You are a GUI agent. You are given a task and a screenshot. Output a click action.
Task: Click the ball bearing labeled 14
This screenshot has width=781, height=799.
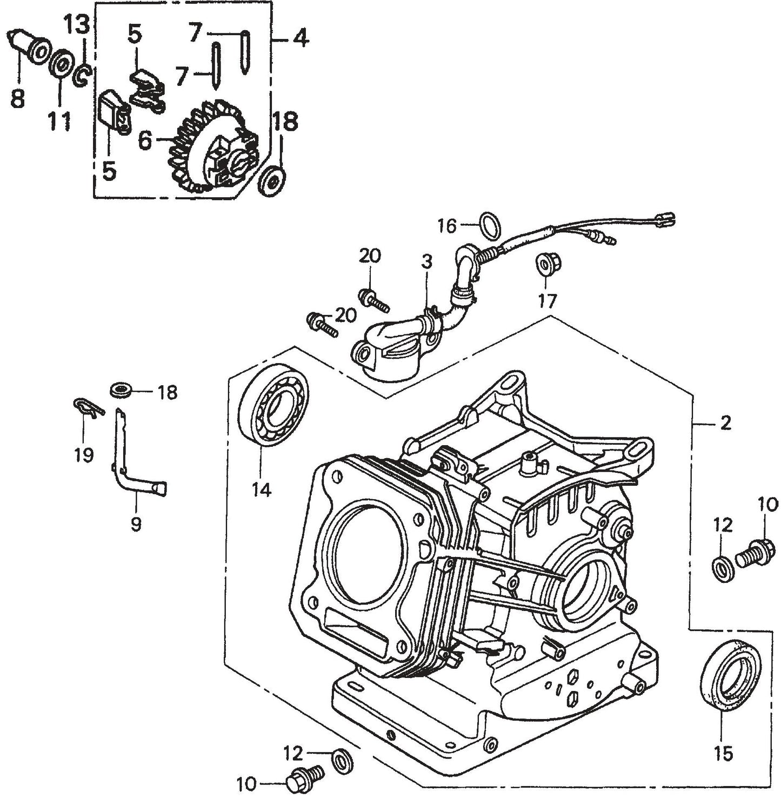click(273, 406)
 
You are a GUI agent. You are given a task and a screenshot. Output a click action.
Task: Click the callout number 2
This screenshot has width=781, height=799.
click(725, 423)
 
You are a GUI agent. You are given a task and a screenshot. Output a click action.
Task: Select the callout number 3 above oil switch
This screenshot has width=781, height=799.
click(426, 263)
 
